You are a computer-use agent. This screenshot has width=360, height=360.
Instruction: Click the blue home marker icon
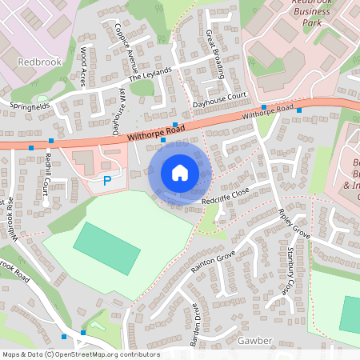coord(180,172)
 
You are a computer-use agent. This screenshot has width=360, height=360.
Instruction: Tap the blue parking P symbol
coord(107,182)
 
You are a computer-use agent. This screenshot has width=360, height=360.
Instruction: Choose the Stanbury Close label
coord(292,270)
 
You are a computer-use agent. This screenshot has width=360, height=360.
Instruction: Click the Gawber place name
coord(255,341)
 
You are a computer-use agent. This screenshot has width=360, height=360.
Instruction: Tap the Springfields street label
coord(30,105)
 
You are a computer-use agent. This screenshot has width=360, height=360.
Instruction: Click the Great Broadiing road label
coord(215,53)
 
